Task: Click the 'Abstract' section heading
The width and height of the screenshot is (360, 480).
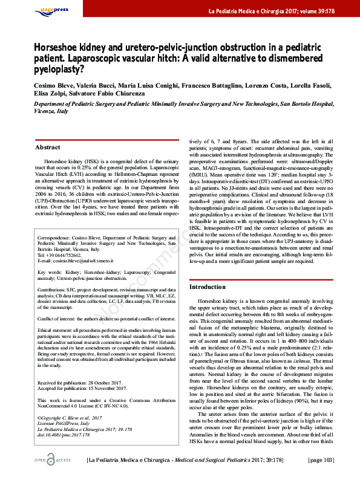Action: pyautogui.click(x=48, y=148)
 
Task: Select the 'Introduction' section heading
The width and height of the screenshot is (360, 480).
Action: pyautogui.click(x=208, y=287)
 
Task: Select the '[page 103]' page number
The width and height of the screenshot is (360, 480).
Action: pyautogui.click(x=321, y=461)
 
